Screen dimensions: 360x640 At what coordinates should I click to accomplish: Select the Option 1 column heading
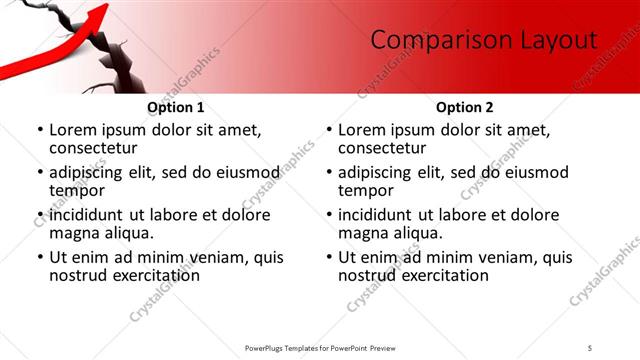pos(176,107)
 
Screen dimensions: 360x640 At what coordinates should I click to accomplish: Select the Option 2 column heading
pos(465,107)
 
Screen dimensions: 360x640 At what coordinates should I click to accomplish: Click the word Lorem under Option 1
pos(72,130)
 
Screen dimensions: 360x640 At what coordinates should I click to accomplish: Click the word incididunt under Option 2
pos(381,215)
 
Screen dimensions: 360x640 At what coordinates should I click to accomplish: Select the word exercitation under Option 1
pos(144,275)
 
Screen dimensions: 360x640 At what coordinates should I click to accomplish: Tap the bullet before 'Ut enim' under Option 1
pos(39,257)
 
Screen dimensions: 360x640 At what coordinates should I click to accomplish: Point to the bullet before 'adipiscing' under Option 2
pos(328,172)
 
